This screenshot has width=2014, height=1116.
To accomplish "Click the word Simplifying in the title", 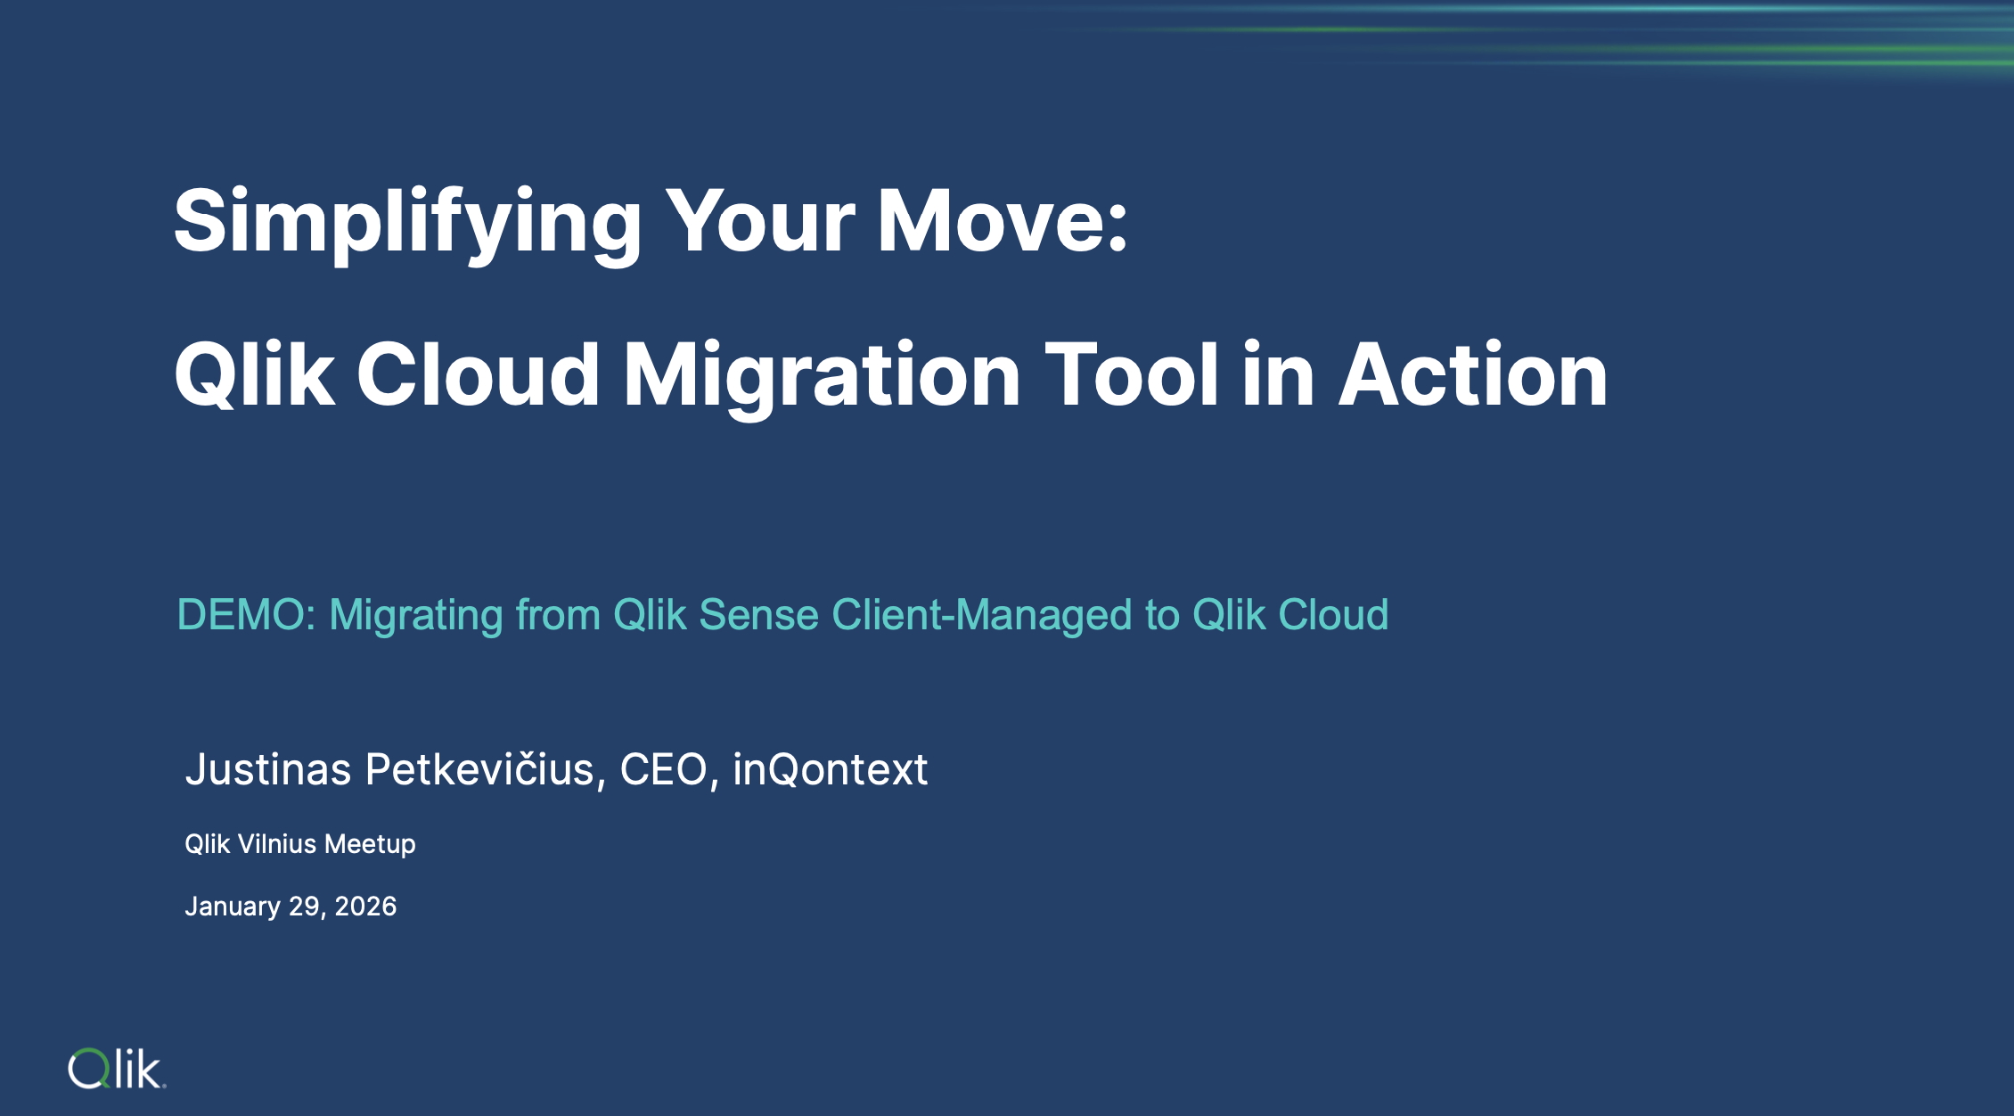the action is pos(407,223).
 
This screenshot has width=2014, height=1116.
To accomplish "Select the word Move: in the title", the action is pos(1003,221).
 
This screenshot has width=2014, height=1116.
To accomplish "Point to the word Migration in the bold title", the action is pos(822,376).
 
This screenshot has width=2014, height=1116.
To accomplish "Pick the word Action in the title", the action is pos(1474,374).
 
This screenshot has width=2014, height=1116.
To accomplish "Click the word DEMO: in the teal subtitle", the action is pos(247,615).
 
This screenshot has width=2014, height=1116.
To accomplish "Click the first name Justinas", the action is pos(268,769).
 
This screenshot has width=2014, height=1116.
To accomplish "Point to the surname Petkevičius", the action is pos(486,769).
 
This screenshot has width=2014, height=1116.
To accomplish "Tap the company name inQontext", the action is pos(830,769).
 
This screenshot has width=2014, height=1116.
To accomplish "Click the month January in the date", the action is pos(233,907).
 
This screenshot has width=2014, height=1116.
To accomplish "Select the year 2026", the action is pos(365,907).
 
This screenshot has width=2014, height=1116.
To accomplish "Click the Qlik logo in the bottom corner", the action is pos(117,1069).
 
